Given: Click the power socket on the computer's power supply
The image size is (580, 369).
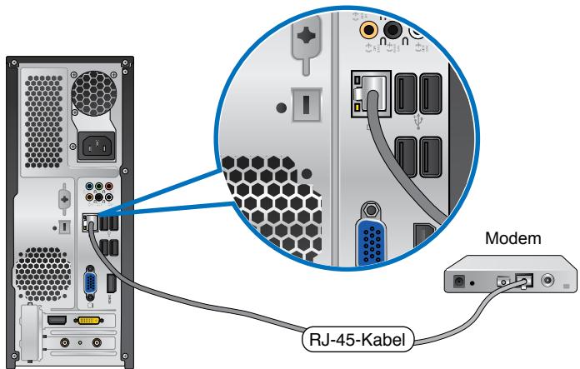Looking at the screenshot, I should coord(97,147).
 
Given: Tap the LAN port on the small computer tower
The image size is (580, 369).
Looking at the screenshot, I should coord(88,222).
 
